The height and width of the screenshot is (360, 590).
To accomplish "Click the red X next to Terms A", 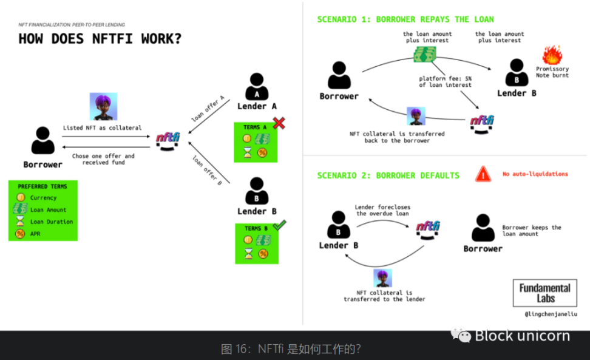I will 279,123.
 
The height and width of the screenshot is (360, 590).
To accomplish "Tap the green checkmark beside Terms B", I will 279,225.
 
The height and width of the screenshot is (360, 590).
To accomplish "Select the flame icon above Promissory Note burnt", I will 552,55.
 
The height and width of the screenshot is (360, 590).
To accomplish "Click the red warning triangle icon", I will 483,174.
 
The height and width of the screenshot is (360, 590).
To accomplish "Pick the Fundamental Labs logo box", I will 544,293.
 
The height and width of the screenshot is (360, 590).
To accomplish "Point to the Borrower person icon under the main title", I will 42,141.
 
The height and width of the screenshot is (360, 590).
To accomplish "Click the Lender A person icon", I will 257,87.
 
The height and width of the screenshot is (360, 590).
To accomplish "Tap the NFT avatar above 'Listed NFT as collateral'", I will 103,107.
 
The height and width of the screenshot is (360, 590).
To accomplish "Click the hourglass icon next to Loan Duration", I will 20,222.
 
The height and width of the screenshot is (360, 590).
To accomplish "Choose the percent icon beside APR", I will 20,234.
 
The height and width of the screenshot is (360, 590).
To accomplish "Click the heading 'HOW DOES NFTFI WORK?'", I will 100,39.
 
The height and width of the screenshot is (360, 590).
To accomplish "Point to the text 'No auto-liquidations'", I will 535,174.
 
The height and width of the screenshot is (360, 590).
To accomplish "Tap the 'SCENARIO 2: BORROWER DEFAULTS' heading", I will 388,175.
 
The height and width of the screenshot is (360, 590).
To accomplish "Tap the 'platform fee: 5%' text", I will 444,78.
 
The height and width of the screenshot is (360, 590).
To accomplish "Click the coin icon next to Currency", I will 20,198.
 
